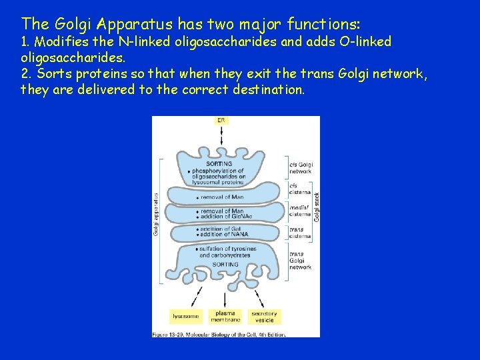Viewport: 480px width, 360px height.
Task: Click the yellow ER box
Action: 221,121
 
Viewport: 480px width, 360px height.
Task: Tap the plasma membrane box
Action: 225,316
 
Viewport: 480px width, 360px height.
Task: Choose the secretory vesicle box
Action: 264,316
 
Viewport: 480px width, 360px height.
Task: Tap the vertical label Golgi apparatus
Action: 156,214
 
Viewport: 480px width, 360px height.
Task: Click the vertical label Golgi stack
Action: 317,207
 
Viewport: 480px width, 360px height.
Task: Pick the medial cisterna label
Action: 300,211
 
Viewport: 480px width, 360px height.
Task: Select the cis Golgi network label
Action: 301,168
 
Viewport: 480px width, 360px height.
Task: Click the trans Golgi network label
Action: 300,261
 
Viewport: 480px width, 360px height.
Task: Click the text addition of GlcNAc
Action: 225,217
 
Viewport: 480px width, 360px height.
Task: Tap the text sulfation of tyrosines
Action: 227,249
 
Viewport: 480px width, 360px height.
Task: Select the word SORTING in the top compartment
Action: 219,163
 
